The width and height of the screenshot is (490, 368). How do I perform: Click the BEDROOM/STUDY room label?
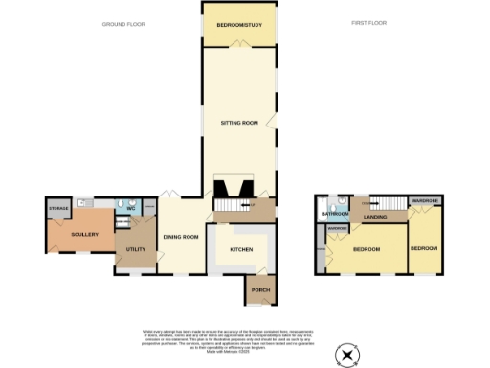pyautogui.click(x=238, y=25)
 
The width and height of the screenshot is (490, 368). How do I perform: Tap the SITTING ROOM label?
pyautogui.click(x=238, y=124)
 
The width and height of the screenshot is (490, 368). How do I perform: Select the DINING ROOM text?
pyautogui.click(x=180, y=237)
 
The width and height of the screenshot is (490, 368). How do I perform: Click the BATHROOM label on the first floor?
pyautogui.click(x=335, y=214)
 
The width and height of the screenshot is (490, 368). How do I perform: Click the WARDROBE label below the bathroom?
pyautogui.click(x=336, y=229)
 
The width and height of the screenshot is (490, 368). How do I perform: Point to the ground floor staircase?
pyautogui.click(x=228, y=205)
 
